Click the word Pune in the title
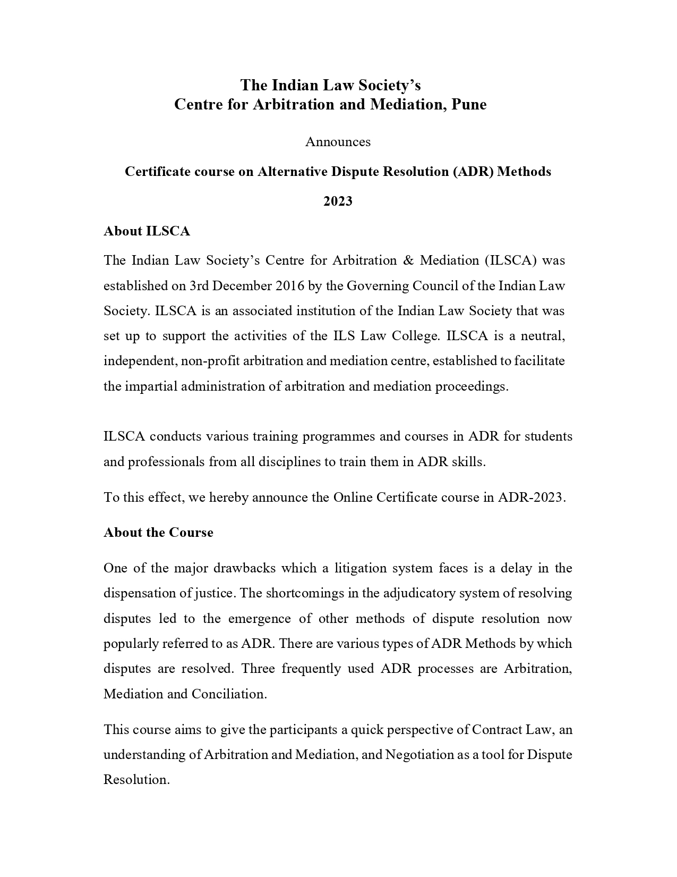469,104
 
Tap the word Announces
338,142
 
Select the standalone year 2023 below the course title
338,201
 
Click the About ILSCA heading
147,231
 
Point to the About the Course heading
158,533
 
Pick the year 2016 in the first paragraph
290,286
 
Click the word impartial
151,386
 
